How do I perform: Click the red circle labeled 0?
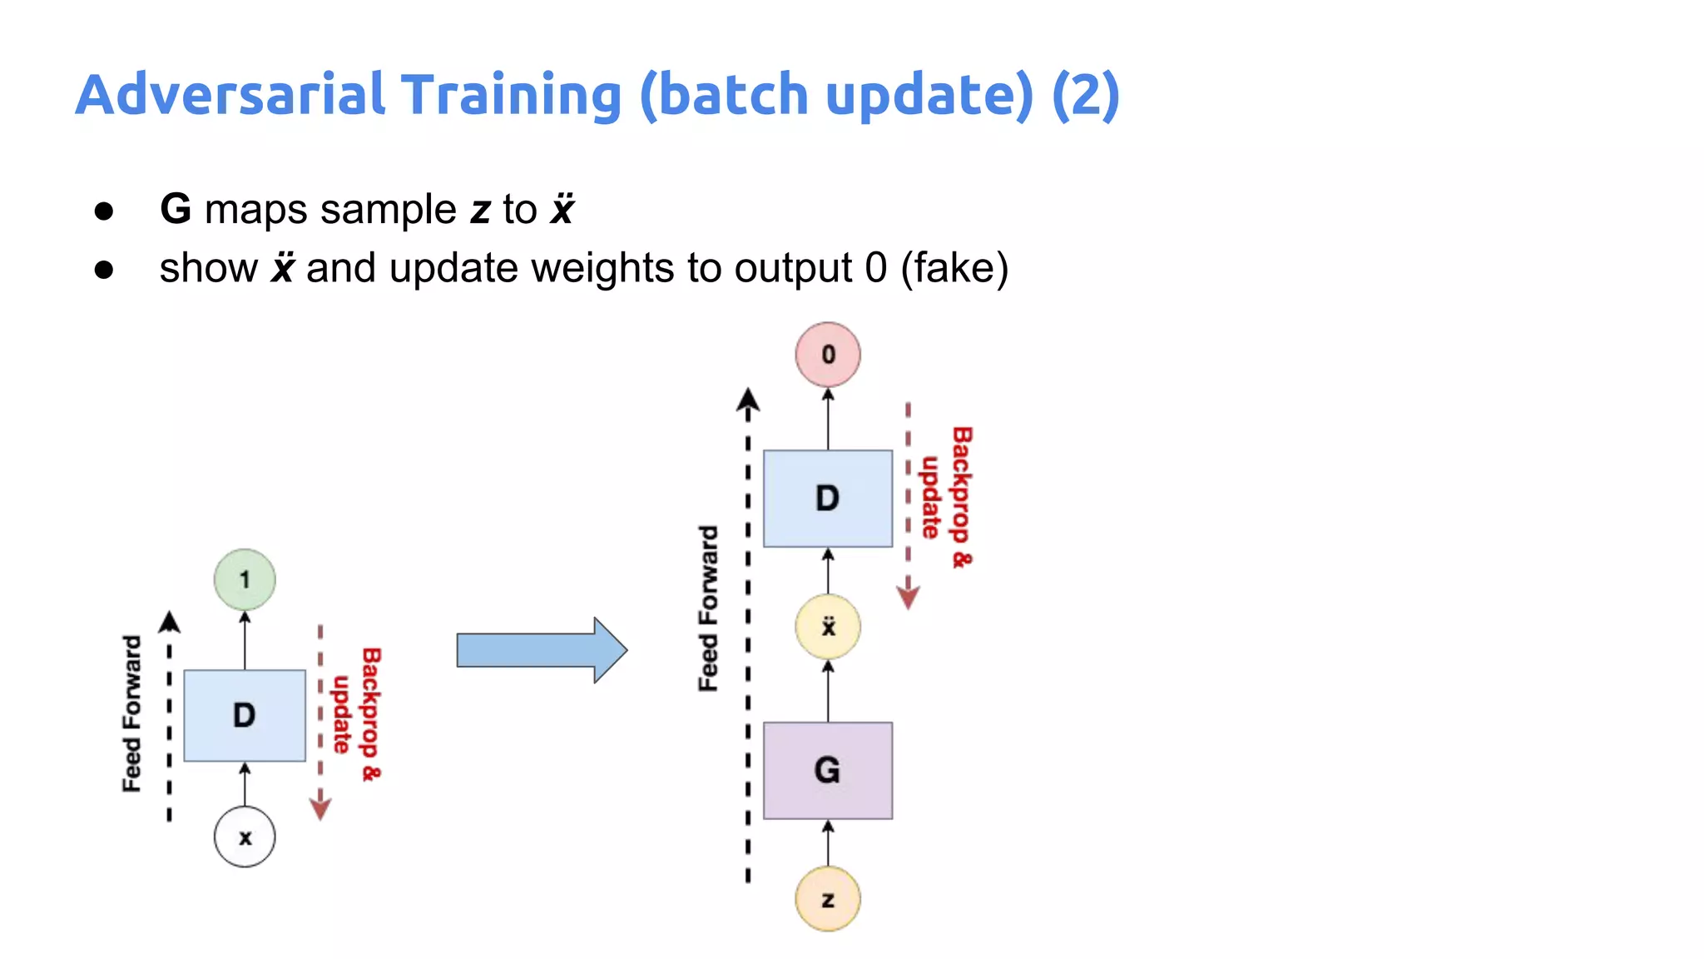(827, 355)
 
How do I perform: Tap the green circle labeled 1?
(245, 579)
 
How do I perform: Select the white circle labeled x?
(245, 837)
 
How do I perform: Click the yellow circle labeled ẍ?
(827, 627)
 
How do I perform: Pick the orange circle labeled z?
(827, 899)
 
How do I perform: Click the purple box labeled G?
(827, 770)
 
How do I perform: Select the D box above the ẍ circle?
(827, 498)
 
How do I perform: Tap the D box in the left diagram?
(245, 715)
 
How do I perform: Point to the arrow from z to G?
(827, 842)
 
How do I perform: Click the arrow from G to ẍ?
(827, 691)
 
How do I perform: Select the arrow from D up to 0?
(827, 419)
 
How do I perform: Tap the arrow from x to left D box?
(245, 783)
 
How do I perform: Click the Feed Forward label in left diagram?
(132, 713)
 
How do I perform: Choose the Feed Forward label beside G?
(708, 609)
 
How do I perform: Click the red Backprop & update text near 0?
(947, 497)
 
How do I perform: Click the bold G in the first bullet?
(176, 209)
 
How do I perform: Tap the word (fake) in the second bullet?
(954, 268)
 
